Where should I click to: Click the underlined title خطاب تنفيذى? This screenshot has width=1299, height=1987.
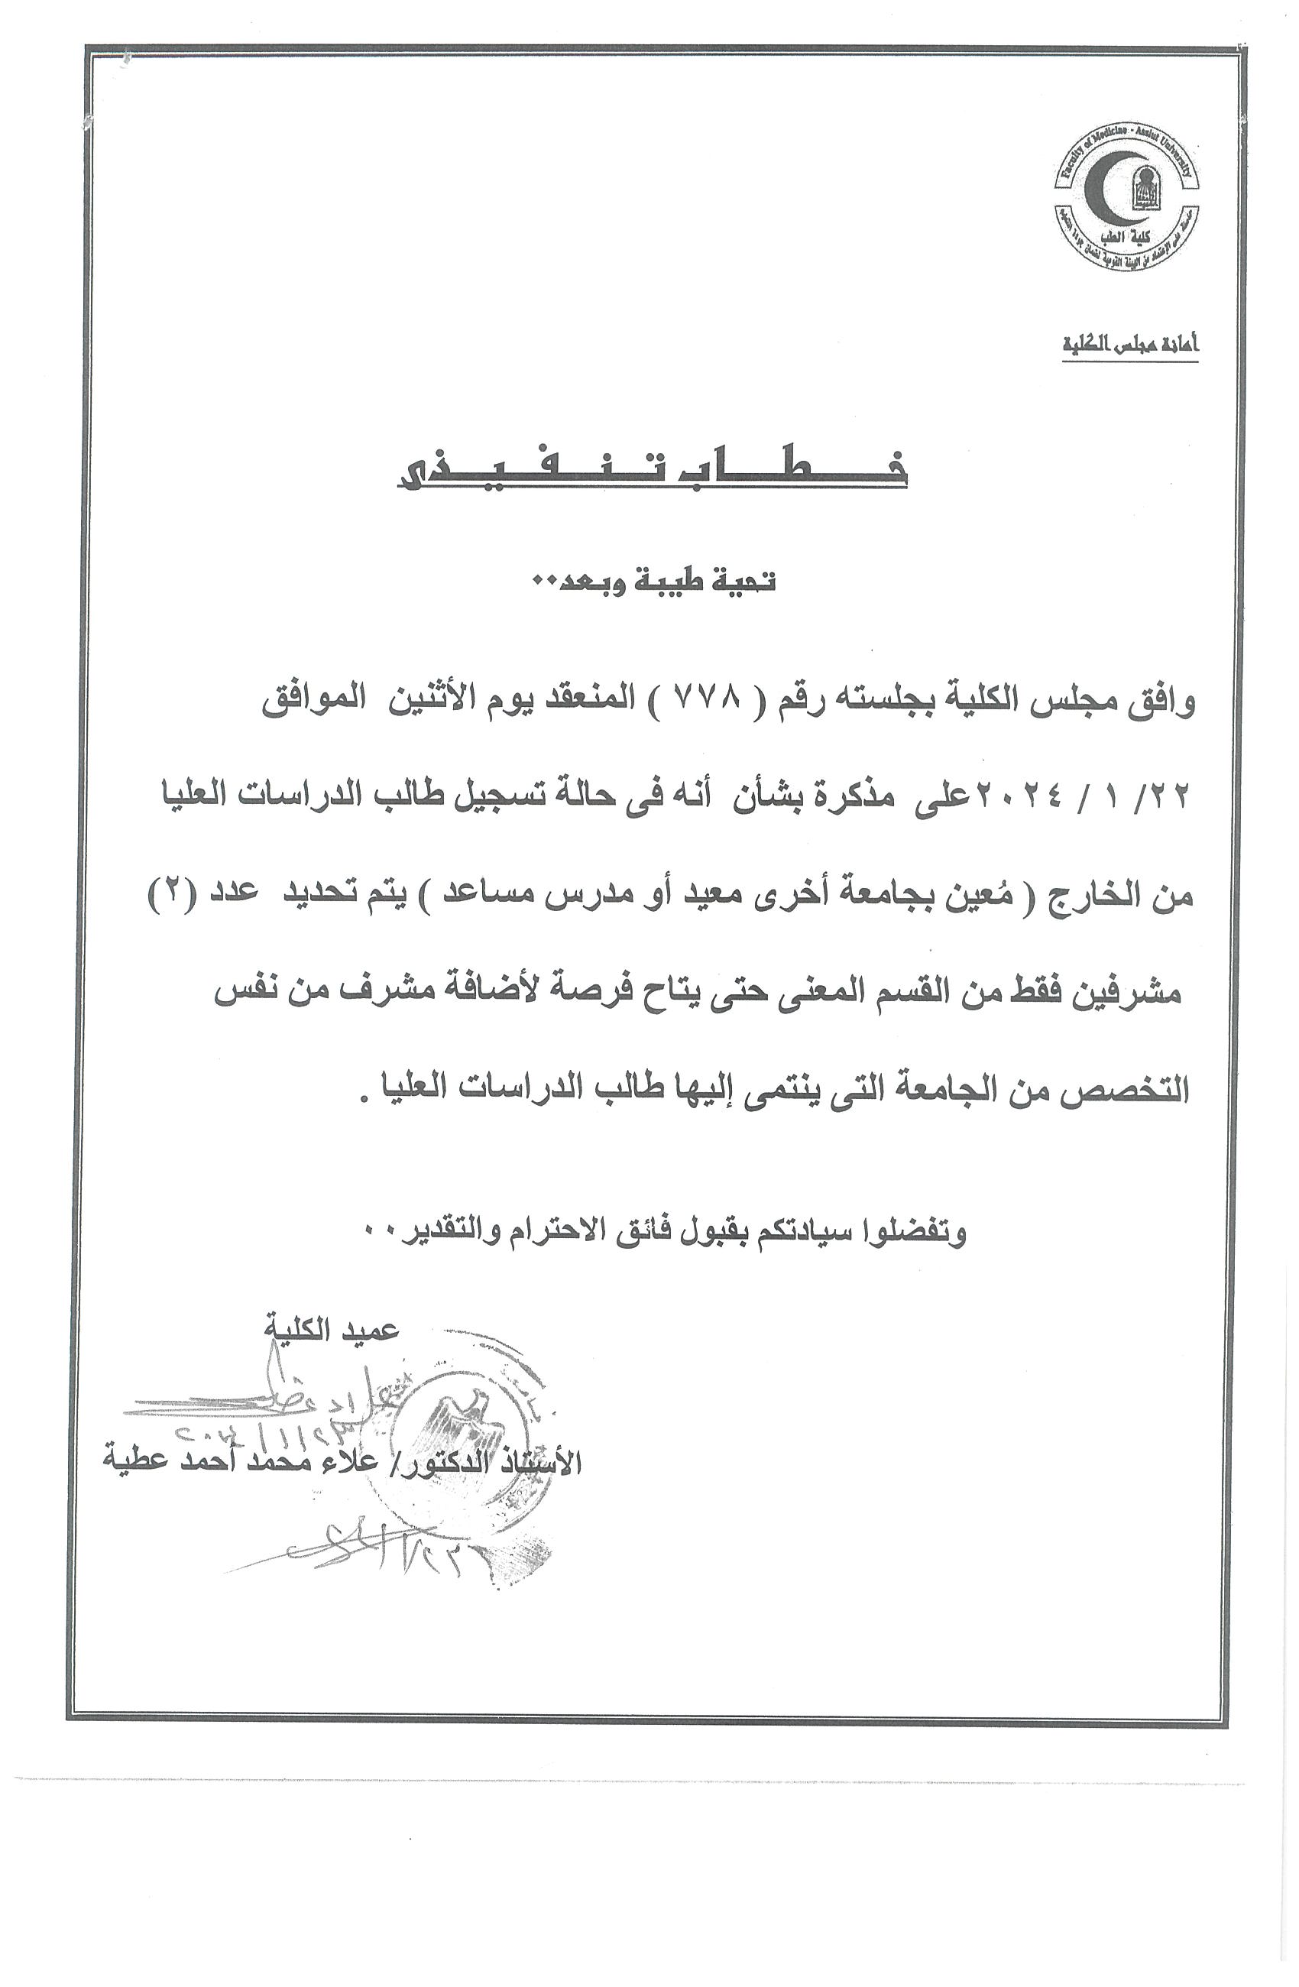point(651,469)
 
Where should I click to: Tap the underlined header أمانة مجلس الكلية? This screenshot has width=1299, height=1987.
point(1129,344)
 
